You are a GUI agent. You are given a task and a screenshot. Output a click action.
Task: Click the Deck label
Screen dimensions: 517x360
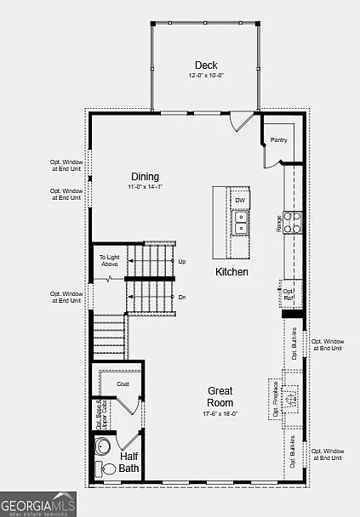pyautogui.click(x=205, y=65)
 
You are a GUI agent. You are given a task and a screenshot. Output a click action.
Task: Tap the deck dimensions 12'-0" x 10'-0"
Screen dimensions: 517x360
pyautogui.click(x=205, y=76)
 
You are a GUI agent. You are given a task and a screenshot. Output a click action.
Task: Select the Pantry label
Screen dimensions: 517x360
pyautogui.click(x=278, y=139)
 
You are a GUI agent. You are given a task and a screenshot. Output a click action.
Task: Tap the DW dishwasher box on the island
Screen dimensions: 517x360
pyautogui.click(x=240, y=201)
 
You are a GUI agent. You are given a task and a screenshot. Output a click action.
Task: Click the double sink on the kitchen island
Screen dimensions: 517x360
pyautogui.click(x=241, y=223)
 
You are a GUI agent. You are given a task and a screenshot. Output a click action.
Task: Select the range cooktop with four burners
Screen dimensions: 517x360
pyautogui.click(x=292, y=222)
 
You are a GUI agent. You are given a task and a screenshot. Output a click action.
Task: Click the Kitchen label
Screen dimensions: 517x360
pyautogui.click(x=231, y=272)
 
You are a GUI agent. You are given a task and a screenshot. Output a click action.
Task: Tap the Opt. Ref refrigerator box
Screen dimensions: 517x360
pyautogui.click(x=289, y=295)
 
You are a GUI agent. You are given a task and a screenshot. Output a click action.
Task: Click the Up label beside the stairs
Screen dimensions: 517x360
pyautogui.click(x=182, y=262)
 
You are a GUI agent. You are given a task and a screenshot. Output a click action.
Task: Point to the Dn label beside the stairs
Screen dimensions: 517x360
pyautogui.click(x=182, y=297)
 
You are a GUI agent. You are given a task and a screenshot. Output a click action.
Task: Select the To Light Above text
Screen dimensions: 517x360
pyautogui.click(x=109, y=260)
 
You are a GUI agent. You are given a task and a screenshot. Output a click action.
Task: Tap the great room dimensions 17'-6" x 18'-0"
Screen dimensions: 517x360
pyautogui.click(x=220, y=413)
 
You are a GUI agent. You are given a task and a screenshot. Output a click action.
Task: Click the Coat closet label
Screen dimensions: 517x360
pyautogui.click(x=123, y=383)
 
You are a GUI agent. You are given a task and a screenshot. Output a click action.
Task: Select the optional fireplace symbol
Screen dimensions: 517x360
pyautogui.click(x=290, y=399)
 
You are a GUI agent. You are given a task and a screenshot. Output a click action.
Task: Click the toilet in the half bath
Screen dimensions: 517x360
pyautogui.click(x=108, y=468)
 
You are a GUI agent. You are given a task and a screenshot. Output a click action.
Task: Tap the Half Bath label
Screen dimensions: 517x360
pyautogui.click(x=129, y=463)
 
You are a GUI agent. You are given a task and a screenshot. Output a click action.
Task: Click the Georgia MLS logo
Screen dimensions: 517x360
pyautogui.click(x=38, y=503)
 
